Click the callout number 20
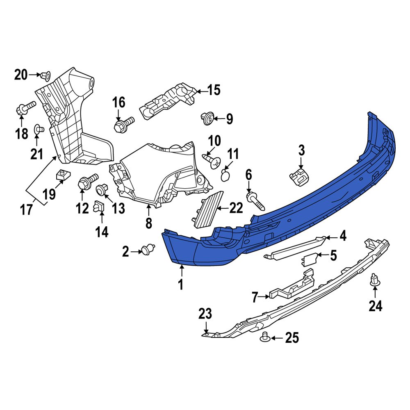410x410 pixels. (x=21, y=75)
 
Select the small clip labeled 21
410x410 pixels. (x=39, y=130)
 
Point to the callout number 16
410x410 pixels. (x=118, y=102)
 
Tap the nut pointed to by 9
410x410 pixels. (x=208, y=119)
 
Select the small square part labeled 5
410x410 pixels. (x=309, y=259)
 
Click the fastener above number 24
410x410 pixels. (x=374, y=280)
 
